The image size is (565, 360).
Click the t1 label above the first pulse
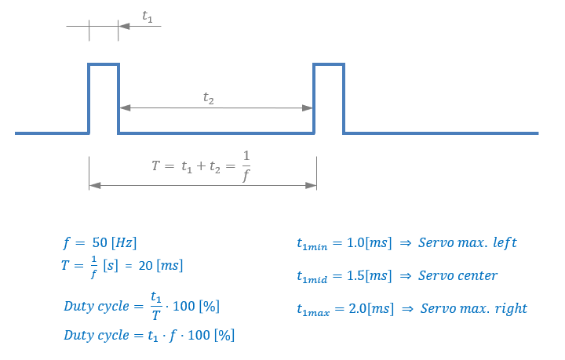click(x=147, y=16)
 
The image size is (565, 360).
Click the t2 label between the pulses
click(x=208, y=98)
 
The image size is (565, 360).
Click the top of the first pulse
click(x=104, y=64)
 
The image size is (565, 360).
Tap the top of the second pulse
click(x=329, y=64)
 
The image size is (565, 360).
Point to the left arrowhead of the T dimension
click(x=94, y=186)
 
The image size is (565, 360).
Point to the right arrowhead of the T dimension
click(x=312, y=186)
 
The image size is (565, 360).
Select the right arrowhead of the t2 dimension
click(x=308, y=107)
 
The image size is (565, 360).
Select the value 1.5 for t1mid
click(x=355, y=275)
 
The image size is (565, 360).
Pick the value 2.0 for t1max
click(x=356, y=308)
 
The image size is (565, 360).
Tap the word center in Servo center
click(x=477, y=275)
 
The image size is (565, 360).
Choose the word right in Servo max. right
click(x=510, y=308)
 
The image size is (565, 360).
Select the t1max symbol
click(x=315, y=310)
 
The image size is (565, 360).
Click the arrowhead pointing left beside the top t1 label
click(x=124, y=27)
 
